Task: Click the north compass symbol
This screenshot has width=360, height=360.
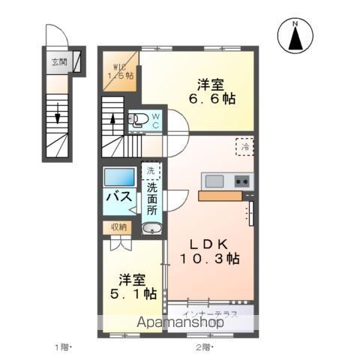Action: [x=295, y=36]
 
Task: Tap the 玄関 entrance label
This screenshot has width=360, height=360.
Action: [x=58, y=61]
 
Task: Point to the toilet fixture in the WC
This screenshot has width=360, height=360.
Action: [x=139, y=118]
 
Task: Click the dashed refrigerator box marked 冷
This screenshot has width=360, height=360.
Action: [x=244, y=147]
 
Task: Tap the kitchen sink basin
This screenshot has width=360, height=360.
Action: [x=214, y=181]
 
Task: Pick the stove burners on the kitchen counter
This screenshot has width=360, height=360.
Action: [x=241, y=181]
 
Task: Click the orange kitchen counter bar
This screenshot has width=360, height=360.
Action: [x=220, y=196]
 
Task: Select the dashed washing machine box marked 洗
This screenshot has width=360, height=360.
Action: [x=151, y=171]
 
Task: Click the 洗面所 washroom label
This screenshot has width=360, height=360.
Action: [x=151, y=199]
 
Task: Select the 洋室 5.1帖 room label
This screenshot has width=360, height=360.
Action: [x=130, y=286]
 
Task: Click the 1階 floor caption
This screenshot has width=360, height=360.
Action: [x=63, y=346]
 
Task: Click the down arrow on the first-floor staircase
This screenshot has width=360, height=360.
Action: [x=57, y=118]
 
